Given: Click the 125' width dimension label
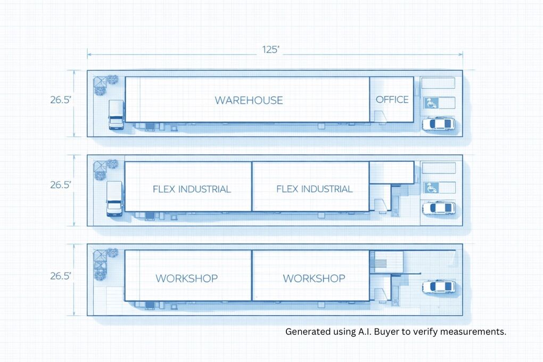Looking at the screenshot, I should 271,50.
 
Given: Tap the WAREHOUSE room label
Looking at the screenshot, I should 249,100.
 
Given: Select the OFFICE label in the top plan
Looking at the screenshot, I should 392,100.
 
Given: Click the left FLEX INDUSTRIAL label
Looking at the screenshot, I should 192,189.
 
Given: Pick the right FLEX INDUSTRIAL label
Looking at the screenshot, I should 314,189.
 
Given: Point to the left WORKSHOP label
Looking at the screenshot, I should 186,278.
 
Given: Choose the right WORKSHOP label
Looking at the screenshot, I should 314,278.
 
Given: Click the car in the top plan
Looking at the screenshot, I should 439,124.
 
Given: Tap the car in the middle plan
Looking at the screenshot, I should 439,208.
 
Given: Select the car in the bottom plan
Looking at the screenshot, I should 439,287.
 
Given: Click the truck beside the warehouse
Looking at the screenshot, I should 116,114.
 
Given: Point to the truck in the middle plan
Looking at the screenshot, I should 114,199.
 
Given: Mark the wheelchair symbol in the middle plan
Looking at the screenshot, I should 431,187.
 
